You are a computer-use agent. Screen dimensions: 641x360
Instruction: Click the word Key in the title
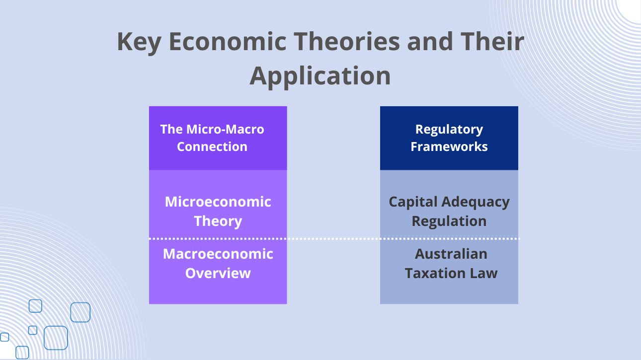(139, 42)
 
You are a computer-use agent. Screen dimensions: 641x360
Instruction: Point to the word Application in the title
(320, 76)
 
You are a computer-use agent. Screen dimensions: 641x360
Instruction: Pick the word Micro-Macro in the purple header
(225, 129)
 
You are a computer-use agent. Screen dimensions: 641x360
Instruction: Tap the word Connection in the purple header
(212, 146)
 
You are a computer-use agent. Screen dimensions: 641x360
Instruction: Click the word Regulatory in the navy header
(449, 130)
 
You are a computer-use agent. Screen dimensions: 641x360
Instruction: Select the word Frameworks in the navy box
(449, 146)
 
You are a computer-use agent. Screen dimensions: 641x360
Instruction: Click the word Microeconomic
(218, 202)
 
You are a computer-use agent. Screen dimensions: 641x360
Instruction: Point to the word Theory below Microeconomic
(218, 221)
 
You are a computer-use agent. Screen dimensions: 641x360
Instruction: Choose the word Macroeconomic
(218, 254)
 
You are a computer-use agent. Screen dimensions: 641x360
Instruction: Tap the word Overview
(218, 273)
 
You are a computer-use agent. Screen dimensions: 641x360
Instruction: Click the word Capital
(413, 203)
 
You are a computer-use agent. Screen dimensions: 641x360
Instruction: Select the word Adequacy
(476, 203)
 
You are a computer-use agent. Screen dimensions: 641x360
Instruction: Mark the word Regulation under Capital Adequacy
(449, 221)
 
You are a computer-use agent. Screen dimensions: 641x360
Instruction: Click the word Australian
(451, 254)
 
